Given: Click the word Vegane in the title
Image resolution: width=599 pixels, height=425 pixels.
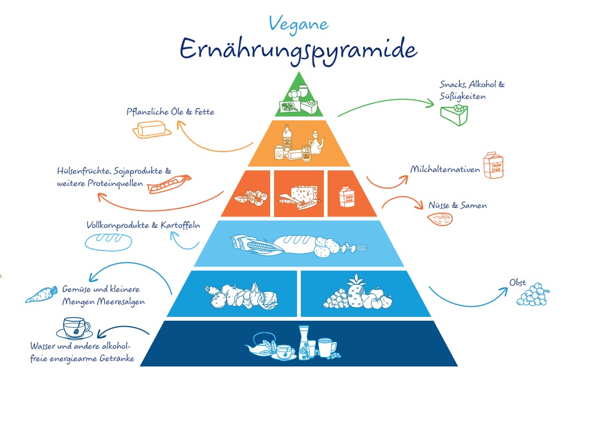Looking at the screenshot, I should click(x=299, y=23).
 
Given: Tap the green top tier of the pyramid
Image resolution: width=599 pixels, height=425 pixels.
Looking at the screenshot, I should click(x=299, y=99).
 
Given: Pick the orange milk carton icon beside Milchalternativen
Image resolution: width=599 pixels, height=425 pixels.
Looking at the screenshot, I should click(x=493, y=165).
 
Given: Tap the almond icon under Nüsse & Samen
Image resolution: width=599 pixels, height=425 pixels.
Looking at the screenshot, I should click(x=441, y=218).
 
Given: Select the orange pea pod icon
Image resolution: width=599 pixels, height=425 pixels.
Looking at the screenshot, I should click(x=171, y=183).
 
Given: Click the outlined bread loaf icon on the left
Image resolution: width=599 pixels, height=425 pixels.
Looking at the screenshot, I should click(x=108, y=241).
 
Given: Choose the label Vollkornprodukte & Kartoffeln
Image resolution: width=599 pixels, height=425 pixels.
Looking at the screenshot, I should click(x=143, y=225).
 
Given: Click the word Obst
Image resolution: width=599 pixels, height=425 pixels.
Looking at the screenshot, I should click(x=517, y=282).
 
